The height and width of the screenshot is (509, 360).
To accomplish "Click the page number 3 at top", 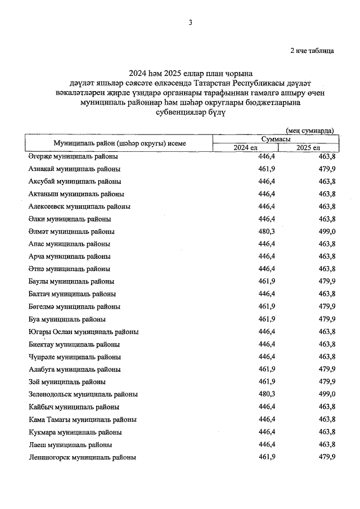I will tap(191, 22).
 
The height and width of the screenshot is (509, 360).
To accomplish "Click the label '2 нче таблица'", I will tap(312, 51).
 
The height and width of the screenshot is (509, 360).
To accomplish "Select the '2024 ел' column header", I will tap(246, 147).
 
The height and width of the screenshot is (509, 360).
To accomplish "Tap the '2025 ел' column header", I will tap(308, 147).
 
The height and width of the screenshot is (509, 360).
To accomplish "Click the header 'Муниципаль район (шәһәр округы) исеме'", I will tap(120, 143).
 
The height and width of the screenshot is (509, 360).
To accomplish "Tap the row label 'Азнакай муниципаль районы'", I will tap(74, 169).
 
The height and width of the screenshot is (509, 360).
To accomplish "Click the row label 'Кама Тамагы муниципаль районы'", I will tap(82, 420).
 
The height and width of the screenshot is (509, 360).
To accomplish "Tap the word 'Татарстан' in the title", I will tap(200, 83).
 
